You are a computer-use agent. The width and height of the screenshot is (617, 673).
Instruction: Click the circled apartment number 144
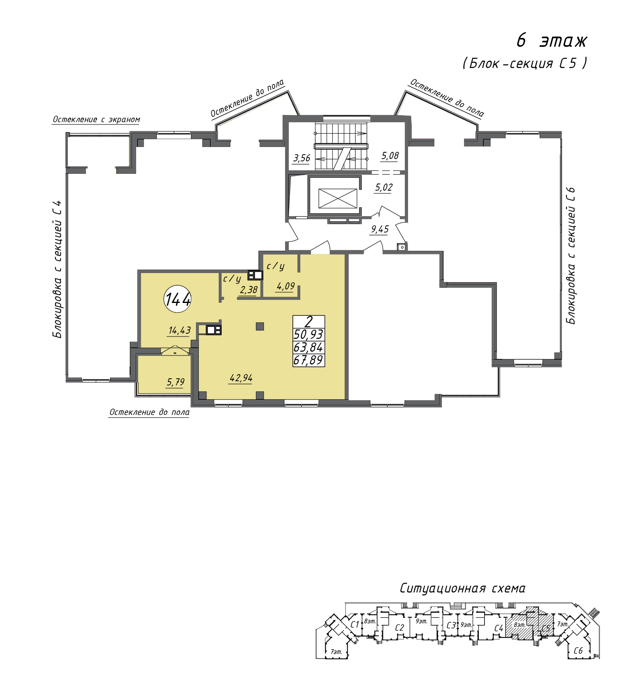click(178, 299)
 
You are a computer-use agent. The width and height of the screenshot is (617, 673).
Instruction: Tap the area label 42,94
click(241, 378)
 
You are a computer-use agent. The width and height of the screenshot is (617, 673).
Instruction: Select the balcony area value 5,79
click(176, 382)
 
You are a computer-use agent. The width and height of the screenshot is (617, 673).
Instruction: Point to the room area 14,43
click(180, 330)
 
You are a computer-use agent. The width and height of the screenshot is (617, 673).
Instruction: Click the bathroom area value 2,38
click(248, 290)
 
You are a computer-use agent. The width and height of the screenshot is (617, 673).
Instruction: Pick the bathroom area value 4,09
click(285, 286)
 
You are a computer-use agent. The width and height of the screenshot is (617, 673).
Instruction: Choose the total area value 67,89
click(308, 360)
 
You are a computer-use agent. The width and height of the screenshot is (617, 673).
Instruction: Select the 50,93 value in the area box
click(308, 334)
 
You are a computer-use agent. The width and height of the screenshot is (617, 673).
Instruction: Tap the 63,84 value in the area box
click(308, 347)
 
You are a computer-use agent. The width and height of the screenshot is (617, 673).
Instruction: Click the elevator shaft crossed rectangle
click(338, 198)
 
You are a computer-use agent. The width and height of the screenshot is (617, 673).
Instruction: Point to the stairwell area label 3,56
click(302, 158)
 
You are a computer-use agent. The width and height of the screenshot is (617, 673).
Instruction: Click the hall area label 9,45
click(380, 229)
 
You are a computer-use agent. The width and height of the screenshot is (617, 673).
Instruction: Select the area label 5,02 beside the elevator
click(384, 188)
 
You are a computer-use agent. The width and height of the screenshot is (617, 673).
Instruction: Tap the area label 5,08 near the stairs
click(390, 156)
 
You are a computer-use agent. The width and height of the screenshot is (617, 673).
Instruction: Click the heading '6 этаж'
click(552, 41)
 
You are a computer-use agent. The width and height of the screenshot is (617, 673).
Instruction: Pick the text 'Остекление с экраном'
click(96, 119)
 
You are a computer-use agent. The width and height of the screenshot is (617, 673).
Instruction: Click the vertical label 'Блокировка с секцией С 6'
click(571, 256)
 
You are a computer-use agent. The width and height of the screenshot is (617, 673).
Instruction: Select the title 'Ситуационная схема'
click(463, 588)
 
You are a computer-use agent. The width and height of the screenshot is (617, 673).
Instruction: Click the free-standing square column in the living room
click(260, 326)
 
